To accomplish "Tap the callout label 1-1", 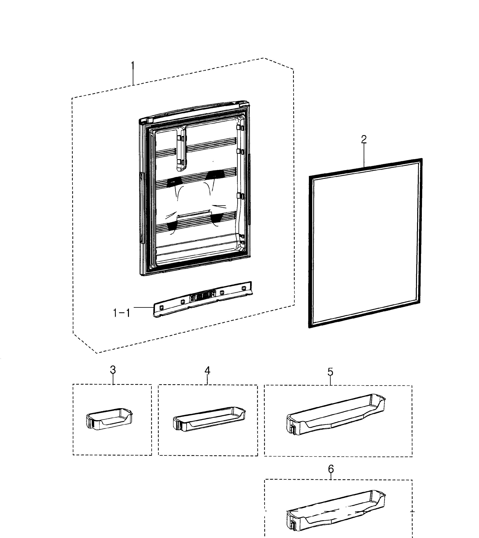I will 122,313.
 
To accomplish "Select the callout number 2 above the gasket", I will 364,139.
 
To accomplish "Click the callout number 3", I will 113,370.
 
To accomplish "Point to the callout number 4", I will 207,371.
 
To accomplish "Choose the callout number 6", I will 331,469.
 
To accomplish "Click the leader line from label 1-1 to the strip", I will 144,307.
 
